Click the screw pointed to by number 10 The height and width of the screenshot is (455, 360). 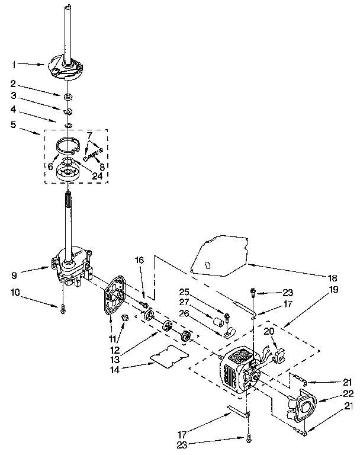(x=62, y=307)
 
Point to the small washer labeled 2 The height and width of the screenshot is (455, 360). (x=69, y=95)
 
